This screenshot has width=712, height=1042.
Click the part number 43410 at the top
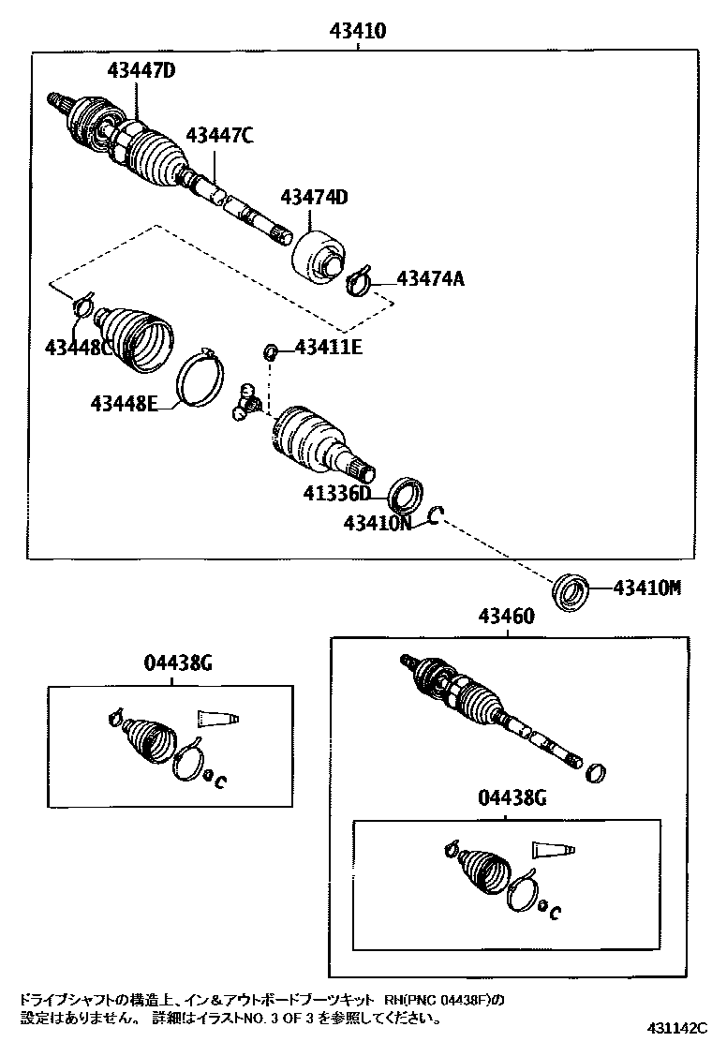pos(358,32)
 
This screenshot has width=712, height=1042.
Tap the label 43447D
pos(141,70)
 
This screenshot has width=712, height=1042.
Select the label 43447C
pos(219,136)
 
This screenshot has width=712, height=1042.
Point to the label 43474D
pos(314,198)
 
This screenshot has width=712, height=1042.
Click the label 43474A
pos(431,278)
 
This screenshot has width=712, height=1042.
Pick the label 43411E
pos(329,348)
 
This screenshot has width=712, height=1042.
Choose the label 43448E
pos(123,404)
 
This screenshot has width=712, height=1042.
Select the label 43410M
pos(646,588)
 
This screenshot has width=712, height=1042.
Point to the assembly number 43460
pos(506,617)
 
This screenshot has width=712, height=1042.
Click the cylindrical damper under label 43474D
pos(319,253)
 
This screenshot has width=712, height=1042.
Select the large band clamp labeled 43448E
pos(200,378)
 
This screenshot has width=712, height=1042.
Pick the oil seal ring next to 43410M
pos(571,591)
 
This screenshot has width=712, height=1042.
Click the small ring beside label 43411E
pos(271,351)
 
